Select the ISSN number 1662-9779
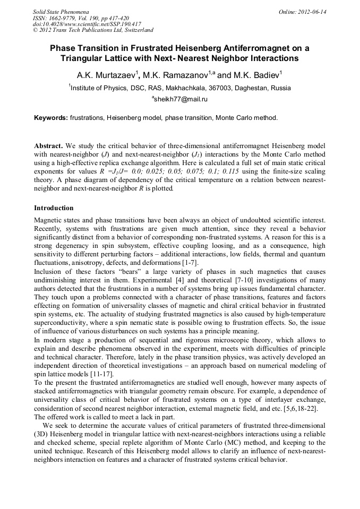[68, 18]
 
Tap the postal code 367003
[238, 88]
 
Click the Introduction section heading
[54, 208]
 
